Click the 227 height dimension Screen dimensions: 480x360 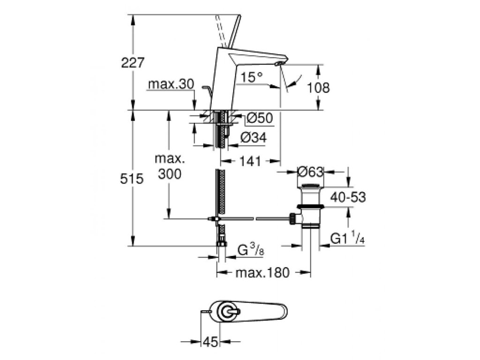tap(133, 63)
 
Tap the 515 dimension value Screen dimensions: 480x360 tap(132, 179)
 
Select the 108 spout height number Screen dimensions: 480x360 tap(318, 88)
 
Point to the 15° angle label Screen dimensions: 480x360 tap(251, 77)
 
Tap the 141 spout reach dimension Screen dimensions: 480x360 tap(250, 161)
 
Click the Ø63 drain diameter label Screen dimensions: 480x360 tap(310, 172)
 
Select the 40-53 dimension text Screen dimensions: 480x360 tap(348, 197)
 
